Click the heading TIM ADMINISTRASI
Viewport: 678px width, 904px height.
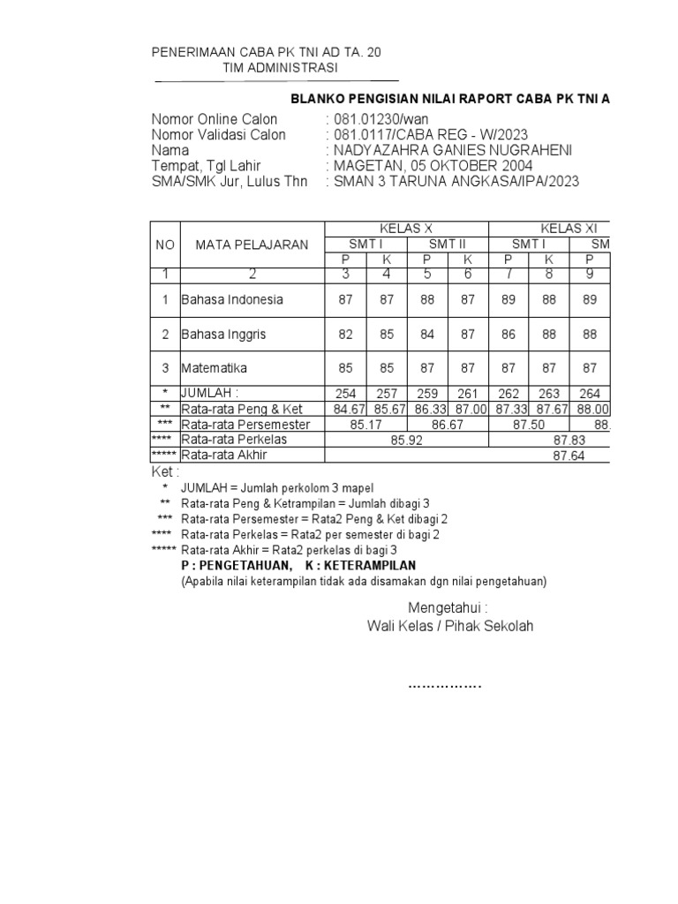[x=279, y=68]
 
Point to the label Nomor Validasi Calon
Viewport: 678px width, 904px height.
[x=219, y=135]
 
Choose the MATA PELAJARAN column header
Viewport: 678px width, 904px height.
[x=252, y=245]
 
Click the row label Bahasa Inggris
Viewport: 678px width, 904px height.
[x=223, y=335]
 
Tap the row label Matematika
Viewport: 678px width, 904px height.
[x=215, y=367]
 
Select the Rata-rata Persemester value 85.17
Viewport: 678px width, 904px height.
[x=365, y=425]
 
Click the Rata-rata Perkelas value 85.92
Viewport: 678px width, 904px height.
[x=406, y=440]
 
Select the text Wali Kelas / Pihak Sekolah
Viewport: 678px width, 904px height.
[x=450, y=626]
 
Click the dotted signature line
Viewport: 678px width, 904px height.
[x=445, y=685]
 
